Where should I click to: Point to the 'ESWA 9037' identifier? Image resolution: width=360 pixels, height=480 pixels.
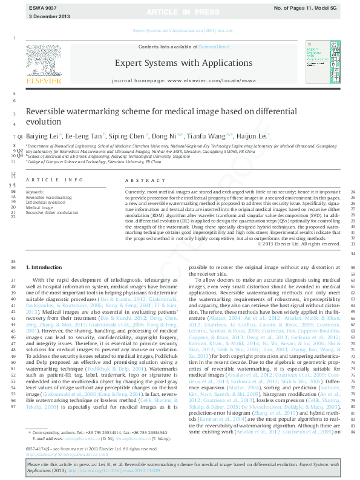(40, 7)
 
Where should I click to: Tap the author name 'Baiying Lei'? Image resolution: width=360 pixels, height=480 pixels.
(41, 137)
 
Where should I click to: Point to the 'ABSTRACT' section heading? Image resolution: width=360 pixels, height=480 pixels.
(143, 180)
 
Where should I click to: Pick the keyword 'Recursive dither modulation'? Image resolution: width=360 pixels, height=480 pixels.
(52, 213)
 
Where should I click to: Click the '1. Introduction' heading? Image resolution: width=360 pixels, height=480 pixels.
(44, 267)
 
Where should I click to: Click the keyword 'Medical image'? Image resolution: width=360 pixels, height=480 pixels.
(39, 207)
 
